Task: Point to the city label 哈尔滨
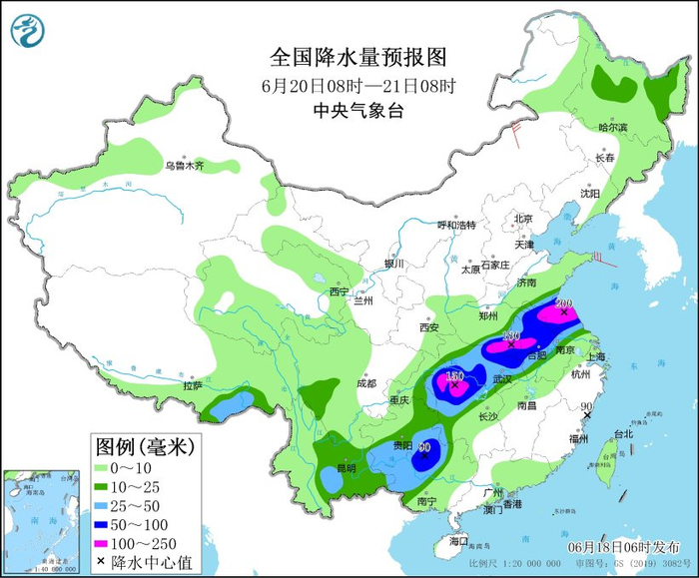point(612,128)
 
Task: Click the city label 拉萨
point(192,385)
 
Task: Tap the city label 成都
point(365,383)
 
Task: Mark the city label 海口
point(458,540)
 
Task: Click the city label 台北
point(622,434)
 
